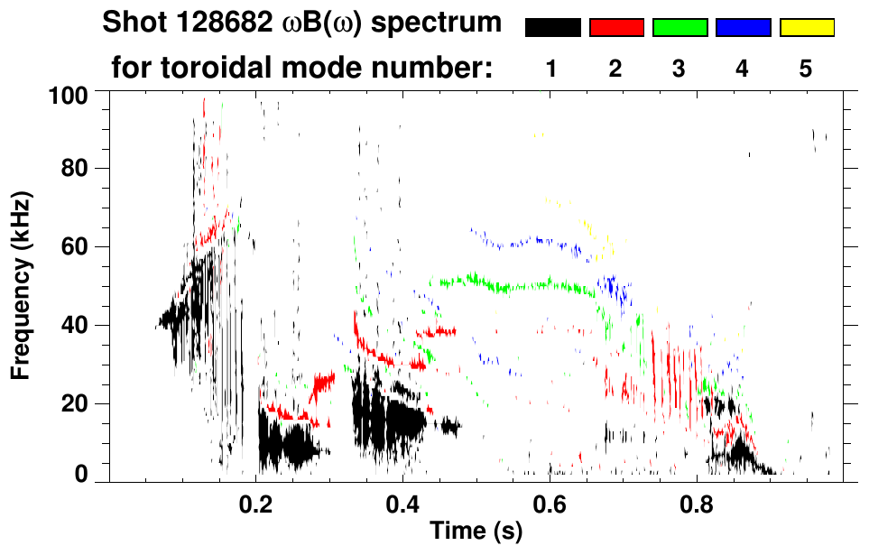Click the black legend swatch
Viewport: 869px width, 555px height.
(552, 28)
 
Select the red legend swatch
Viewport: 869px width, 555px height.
(616, 28)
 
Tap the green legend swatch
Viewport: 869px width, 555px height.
(679, 28)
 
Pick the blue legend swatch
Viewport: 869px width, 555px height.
(743, 28)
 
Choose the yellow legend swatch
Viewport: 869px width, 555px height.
(807, 28)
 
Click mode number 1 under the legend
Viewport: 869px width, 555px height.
(552, 69)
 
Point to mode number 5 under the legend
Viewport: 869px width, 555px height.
(806, 69)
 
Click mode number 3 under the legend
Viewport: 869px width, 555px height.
(679, 69)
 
